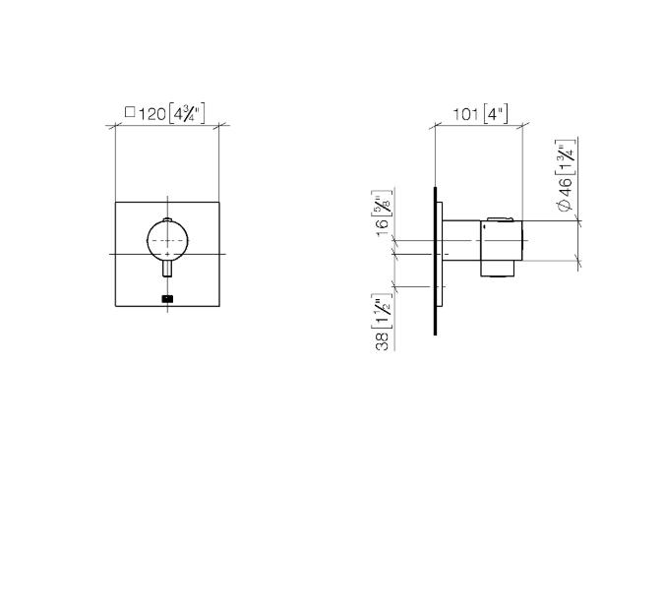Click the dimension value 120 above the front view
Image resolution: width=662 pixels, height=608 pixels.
[152, 114]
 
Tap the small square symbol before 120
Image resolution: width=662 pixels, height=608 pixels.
[130, 112]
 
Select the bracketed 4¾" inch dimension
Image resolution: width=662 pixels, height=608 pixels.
[187, 113]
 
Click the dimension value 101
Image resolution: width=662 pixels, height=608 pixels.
[465, 114]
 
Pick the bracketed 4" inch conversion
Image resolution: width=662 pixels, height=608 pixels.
[495, 114]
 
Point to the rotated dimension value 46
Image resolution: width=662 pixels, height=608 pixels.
[566, 188]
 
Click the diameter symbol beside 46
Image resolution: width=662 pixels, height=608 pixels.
[565, 206]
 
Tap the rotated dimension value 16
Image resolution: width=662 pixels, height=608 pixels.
[384, 228]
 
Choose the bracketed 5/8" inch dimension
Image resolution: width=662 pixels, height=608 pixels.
[382, 204]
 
